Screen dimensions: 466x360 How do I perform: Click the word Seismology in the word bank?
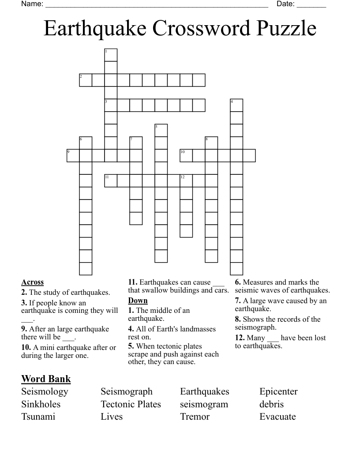pyautogui.click(x=45, y=391)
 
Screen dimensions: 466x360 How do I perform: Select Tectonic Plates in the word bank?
pyautogui.click(x=131, y=404)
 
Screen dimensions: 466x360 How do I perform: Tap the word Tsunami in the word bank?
pyautogui.click(x=38, y=417)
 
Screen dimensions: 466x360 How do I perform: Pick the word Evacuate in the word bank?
pyautogui.click(x=277, y=417)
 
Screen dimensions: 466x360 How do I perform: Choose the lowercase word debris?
pyautogui.click(x=271, y=404)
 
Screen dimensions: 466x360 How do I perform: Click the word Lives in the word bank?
pyautogui.click(x=112, y=417)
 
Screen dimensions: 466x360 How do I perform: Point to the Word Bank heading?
pyautogui.click(x=46, y=379)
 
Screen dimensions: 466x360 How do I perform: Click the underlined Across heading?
pyautogui.click(x=32, y=282)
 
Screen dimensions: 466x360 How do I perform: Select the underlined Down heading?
pyautogui.click(x=138, y=301)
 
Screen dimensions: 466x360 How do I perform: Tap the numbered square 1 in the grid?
pyautogui.click(x=111, y=55)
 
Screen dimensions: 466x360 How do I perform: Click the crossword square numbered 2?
pyautogui.click(x=86, y=80)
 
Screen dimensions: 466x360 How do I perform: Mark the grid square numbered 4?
pyautogui.click(x=236, y=105)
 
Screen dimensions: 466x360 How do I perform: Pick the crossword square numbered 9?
pyautogui.click(x=73, y=156)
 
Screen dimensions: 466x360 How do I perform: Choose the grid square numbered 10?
pyautogui.click(x=186, y=156)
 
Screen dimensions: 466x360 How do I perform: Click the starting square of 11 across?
pyautogui.click(x=111, y=181)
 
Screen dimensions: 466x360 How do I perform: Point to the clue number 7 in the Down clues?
pyautogui.click(x=237, y=301)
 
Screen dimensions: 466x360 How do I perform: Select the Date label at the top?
pyautogui.click(x=285, y=4)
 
